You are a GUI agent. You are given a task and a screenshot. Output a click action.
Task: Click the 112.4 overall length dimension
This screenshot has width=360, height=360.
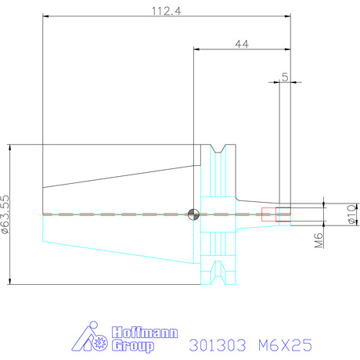coord(166,11)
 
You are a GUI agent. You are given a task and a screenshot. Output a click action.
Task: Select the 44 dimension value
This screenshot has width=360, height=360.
coord(242,44)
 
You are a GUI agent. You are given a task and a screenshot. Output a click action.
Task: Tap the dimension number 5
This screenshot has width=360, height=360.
coord(285,77)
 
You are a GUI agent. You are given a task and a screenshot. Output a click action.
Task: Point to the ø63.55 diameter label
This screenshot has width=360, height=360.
coord(5,214)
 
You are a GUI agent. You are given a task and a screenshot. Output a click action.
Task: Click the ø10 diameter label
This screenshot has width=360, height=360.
coord(353,214)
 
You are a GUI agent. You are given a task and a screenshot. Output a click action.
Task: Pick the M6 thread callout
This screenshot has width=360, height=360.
coord(319,240)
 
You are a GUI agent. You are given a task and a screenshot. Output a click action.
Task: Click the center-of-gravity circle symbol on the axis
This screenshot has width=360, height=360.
coord(193,214)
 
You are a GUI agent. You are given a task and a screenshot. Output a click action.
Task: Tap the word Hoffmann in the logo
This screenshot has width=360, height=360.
coord(145,333)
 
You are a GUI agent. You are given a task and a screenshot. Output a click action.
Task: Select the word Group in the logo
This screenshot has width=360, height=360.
coord(133,346)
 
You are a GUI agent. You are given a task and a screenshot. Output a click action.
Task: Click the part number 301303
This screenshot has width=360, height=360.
coord(218,345)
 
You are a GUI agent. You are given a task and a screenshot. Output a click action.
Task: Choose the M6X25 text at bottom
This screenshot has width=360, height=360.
coord(285,345)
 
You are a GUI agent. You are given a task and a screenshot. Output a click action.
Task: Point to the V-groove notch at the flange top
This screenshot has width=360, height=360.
coord(218,149)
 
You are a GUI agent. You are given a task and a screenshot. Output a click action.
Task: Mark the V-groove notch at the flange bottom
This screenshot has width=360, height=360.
coord(218,272)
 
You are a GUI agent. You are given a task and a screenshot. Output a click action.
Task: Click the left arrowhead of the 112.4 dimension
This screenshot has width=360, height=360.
coord(45,16)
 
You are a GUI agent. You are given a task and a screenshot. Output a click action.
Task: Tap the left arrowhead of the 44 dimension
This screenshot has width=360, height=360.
coord(196,49)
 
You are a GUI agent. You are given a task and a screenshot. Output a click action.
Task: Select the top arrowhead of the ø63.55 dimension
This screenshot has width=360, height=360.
coord(10,148)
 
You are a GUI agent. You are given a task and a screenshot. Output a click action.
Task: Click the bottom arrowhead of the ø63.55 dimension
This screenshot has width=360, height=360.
coord(10,281)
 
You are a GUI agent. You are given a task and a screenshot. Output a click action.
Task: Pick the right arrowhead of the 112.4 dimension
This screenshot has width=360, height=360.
coord(287,16)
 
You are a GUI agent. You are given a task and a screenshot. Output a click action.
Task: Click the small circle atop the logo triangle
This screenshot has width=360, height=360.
coord(93,325)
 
